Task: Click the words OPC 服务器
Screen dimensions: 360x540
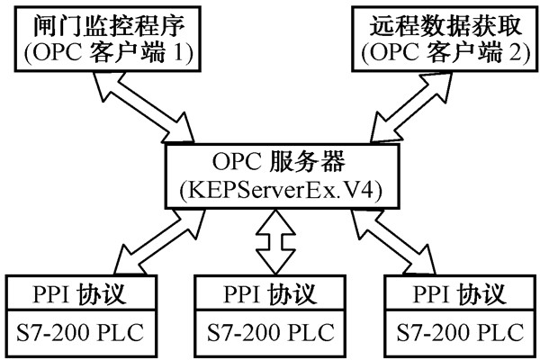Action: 270,163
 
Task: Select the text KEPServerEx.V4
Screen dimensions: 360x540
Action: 270,192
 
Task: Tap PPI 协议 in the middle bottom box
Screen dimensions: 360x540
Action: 270,293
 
